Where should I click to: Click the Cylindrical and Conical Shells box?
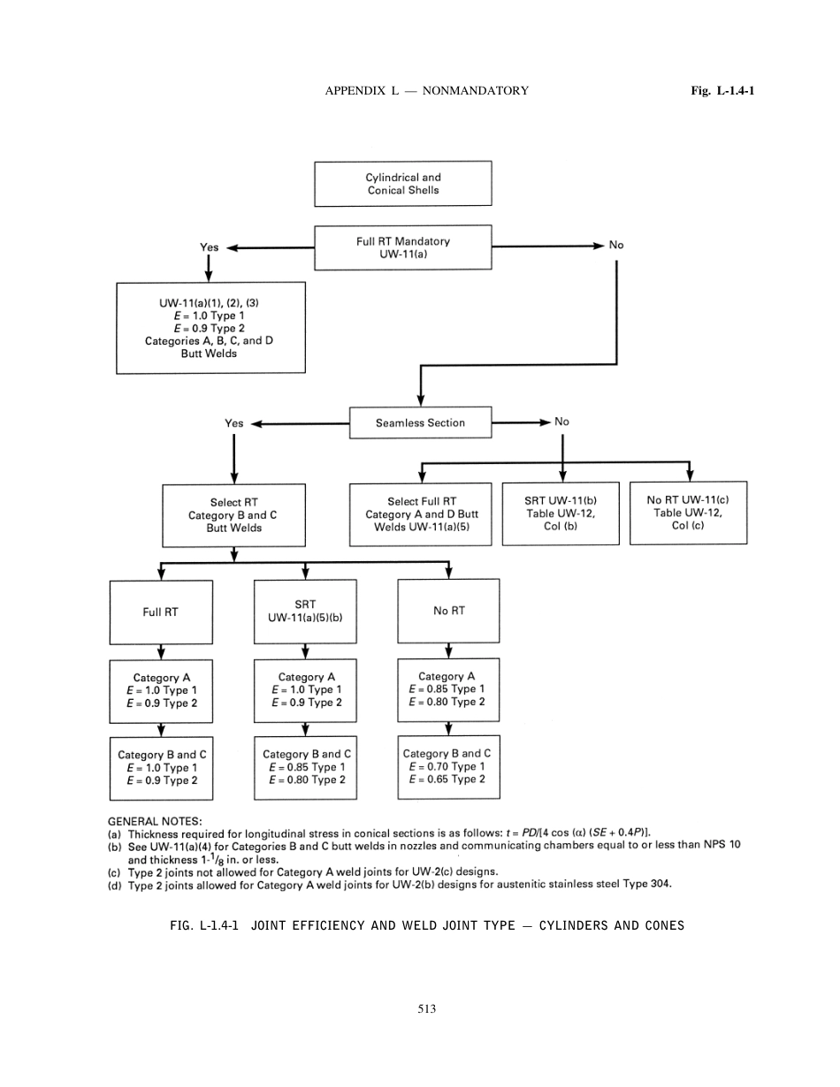[x=403, y=184]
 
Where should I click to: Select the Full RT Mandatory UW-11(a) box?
[x=403, y=247]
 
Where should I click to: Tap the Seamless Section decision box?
[x=420, y=423]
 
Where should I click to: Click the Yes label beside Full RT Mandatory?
[x=209, y=247]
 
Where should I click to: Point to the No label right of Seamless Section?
[x=561, y=422]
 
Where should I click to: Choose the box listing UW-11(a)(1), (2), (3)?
[x=210, y=328]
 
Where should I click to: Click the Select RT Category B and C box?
[x=234, y=515]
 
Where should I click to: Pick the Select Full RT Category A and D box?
[x=422, y=514]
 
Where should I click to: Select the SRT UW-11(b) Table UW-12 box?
[x=561, y=513]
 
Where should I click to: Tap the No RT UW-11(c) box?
[x=688, y=513]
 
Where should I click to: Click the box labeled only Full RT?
[x=161, y=612]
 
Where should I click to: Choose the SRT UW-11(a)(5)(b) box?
[x=305, y=612]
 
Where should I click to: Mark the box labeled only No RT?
[x=448, y=611]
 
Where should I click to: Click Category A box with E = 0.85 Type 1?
[x=448, y=689]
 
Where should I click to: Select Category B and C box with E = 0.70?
[x=448, y=767]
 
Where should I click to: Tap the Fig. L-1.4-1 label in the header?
[x=722, y=90]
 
